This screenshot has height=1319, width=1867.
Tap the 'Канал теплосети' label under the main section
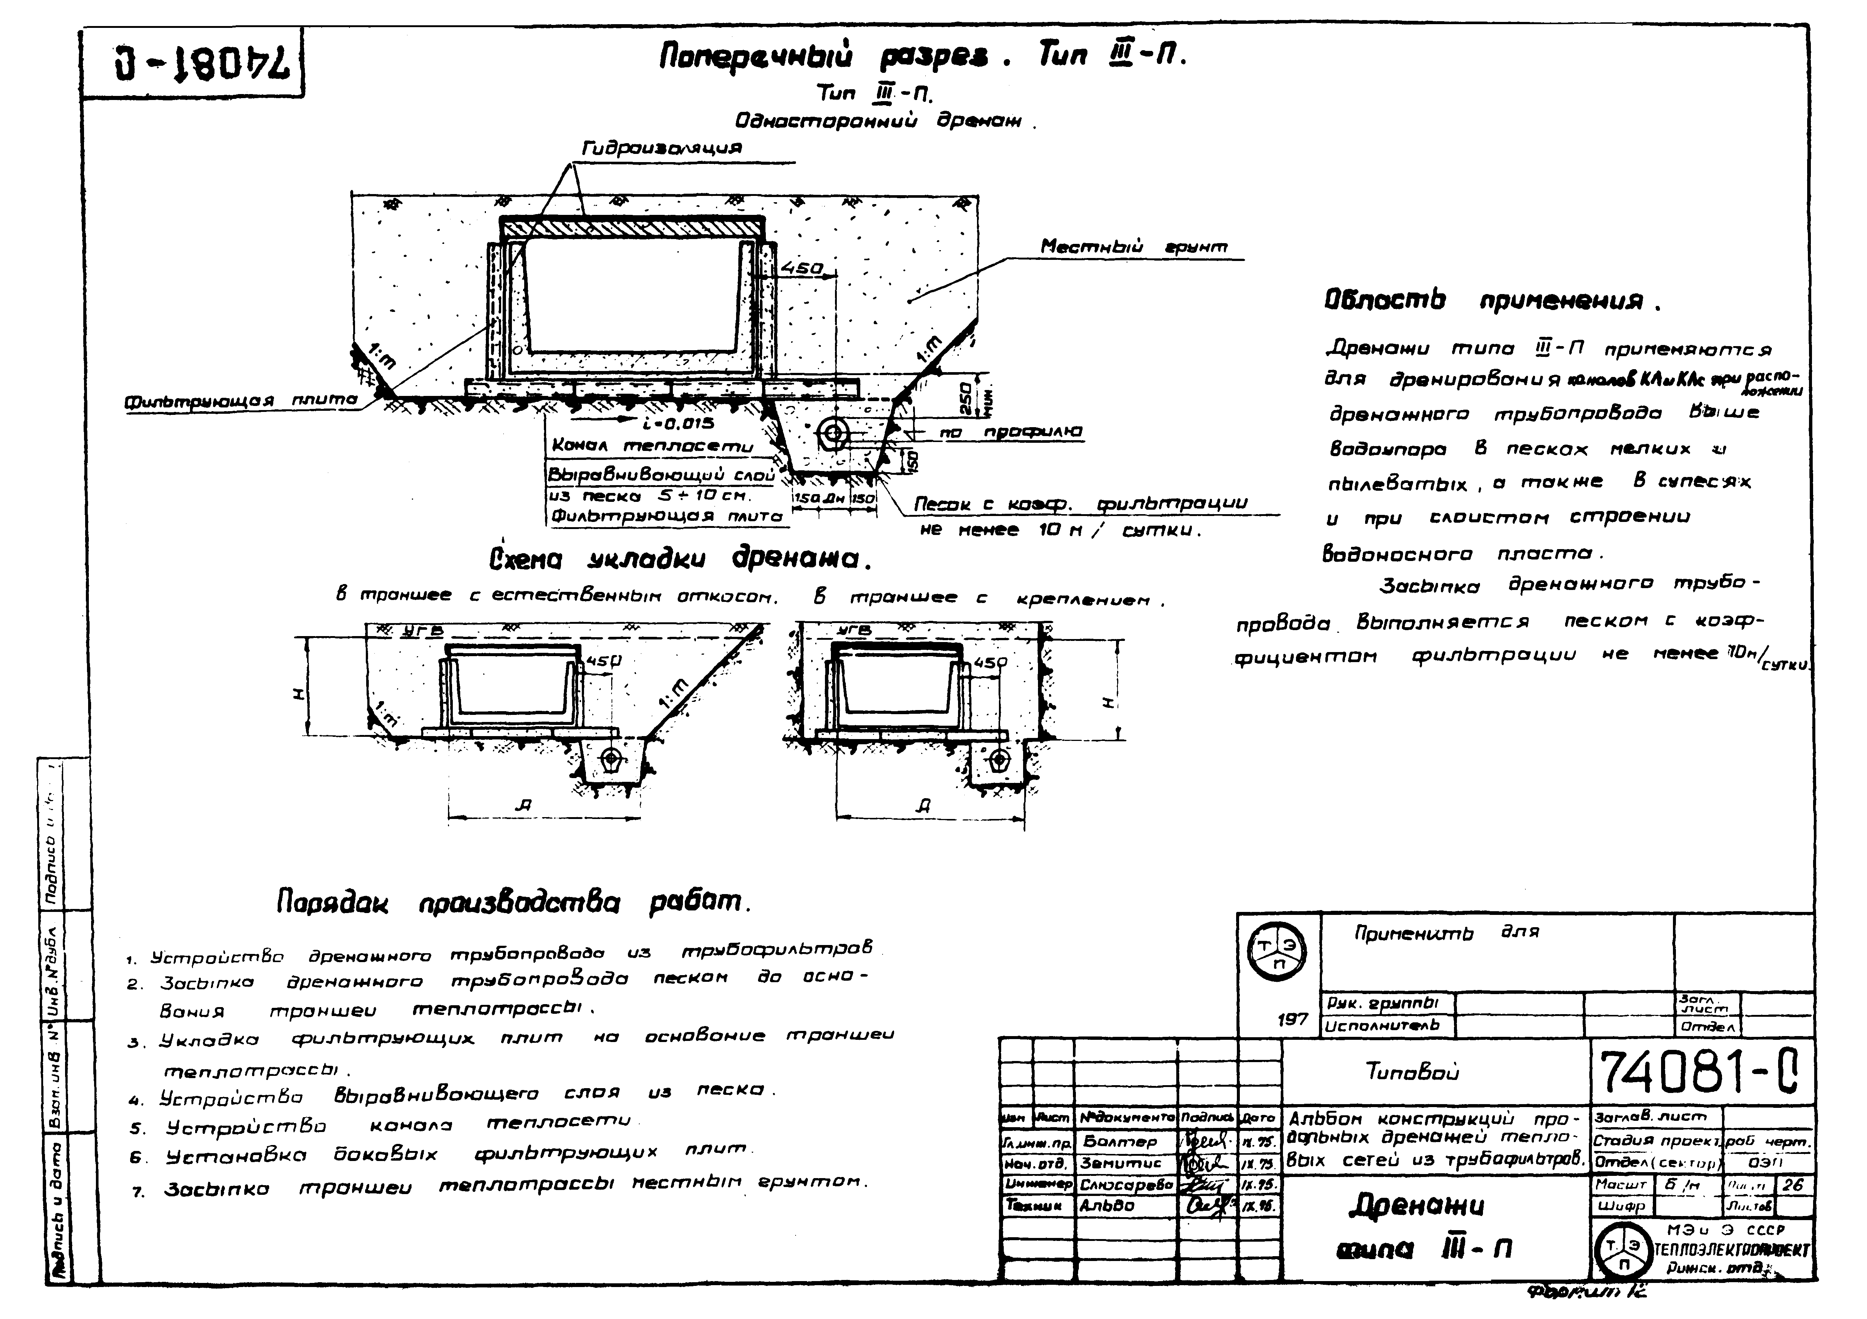[x=652, y=446]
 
